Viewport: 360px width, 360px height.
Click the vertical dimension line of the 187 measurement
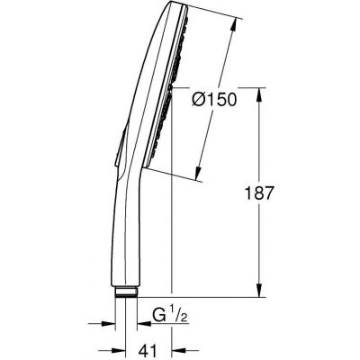260,234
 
